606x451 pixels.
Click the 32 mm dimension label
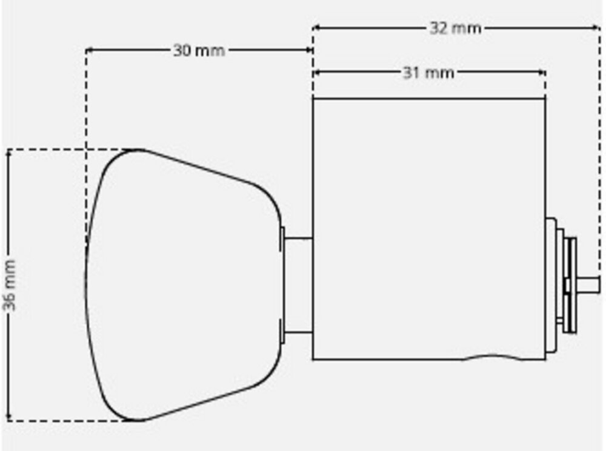pyautogui.click(x=455, y=28)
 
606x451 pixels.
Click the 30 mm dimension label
pyautogui.click(x=199, y=51)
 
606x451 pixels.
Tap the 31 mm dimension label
pyautogui.click(x=428, y=73)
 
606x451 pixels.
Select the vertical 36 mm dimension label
pyautogui.click(x=9, y=285)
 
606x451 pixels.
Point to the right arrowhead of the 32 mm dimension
pyautogui.click(x=597, y=27)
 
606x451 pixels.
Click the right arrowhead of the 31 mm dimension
pyautogui.click(x=542, y=72)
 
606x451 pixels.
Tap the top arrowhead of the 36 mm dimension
pyautogui.click(x=8, y=153)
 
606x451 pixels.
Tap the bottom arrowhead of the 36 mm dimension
pyautogui.click(x=8, y=418)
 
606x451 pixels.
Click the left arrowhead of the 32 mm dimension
pyautogui.click(x=316, y=27)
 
